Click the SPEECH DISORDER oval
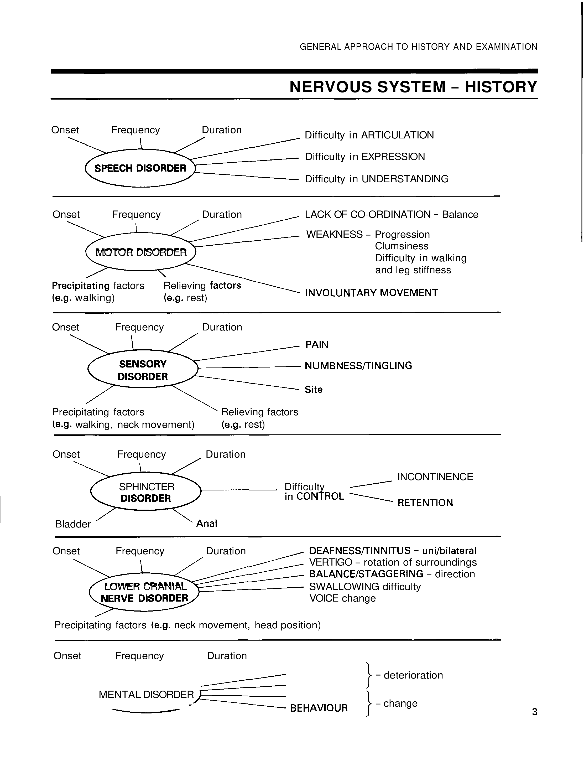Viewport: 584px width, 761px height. point(140,168)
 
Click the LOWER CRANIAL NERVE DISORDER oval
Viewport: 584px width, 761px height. point(144,592)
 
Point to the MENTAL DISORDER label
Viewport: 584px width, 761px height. point(146,694)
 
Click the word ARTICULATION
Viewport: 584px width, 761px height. point(397,135)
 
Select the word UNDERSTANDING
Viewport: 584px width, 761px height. point(405,179)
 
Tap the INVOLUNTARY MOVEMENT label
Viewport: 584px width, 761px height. point(371,293)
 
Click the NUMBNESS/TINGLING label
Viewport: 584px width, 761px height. point(358,366)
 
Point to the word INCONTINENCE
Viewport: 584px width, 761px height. point(435,477)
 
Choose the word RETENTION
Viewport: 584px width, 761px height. point(425,503)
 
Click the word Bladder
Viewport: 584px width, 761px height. point(73,524)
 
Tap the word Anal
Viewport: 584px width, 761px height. point(206,523)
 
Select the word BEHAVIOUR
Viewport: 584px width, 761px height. point(319,708)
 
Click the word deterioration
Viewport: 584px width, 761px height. point(413,675)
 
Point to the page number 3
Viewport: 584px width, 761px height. point(535,712)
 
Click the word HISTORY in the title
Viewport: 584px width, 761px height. point(501,87)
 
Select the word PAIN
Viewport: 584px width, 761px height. point(317,345)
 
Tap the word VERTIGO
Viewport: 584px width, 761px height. point(331,562)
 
